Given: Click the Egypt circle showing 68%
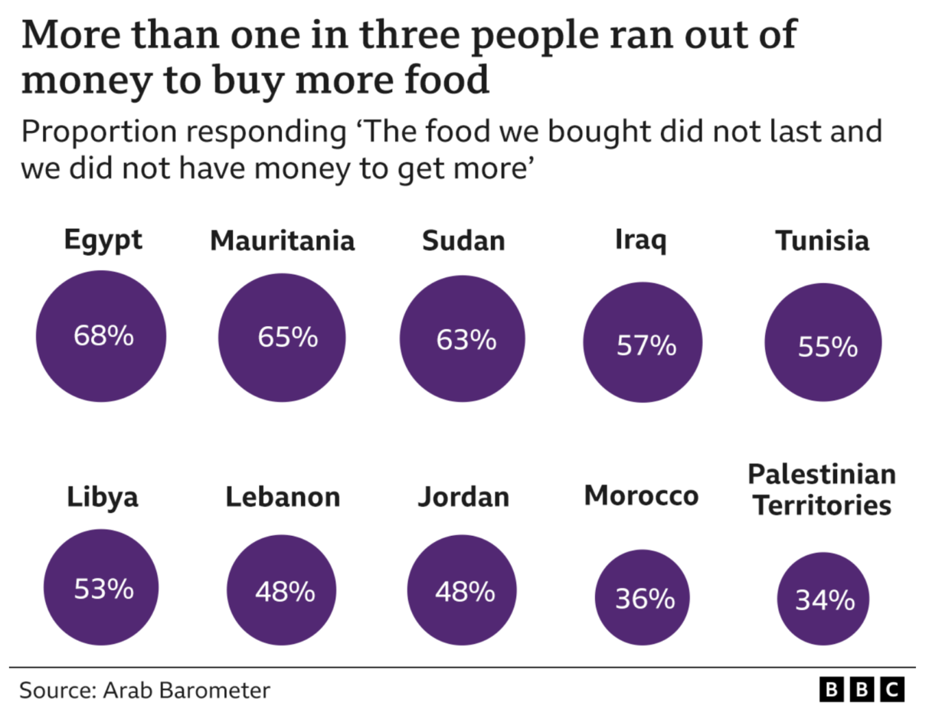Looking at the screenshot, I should click(x=101, y=336).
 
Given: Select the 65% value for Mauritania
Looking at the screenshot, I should click(x=288, y=337).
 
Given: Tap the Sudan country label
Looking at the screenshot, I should click(x=463, y=240).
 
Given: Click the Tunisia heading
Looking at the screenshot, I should click(x=823, y=240).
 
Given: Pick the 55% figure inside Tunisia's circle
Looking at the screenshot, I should click(x=828, y=348).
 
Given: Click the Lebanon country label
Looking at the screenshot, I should click(x=283, y=497).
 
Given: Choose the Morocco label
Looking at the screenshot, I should click(x=641, y=495).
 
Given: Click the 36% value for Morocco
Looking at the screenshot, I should click(x=645, y=599).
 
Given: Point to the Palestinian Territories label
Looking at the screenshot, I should click(x=822, y=490).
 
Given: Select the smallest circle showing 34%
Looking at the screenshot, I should click(x=823, y=599).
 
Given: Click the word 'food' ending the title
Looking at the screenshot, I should click(x=447, y=80).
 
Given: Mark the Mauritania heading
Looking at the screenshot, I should click(x=283, y=240).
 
